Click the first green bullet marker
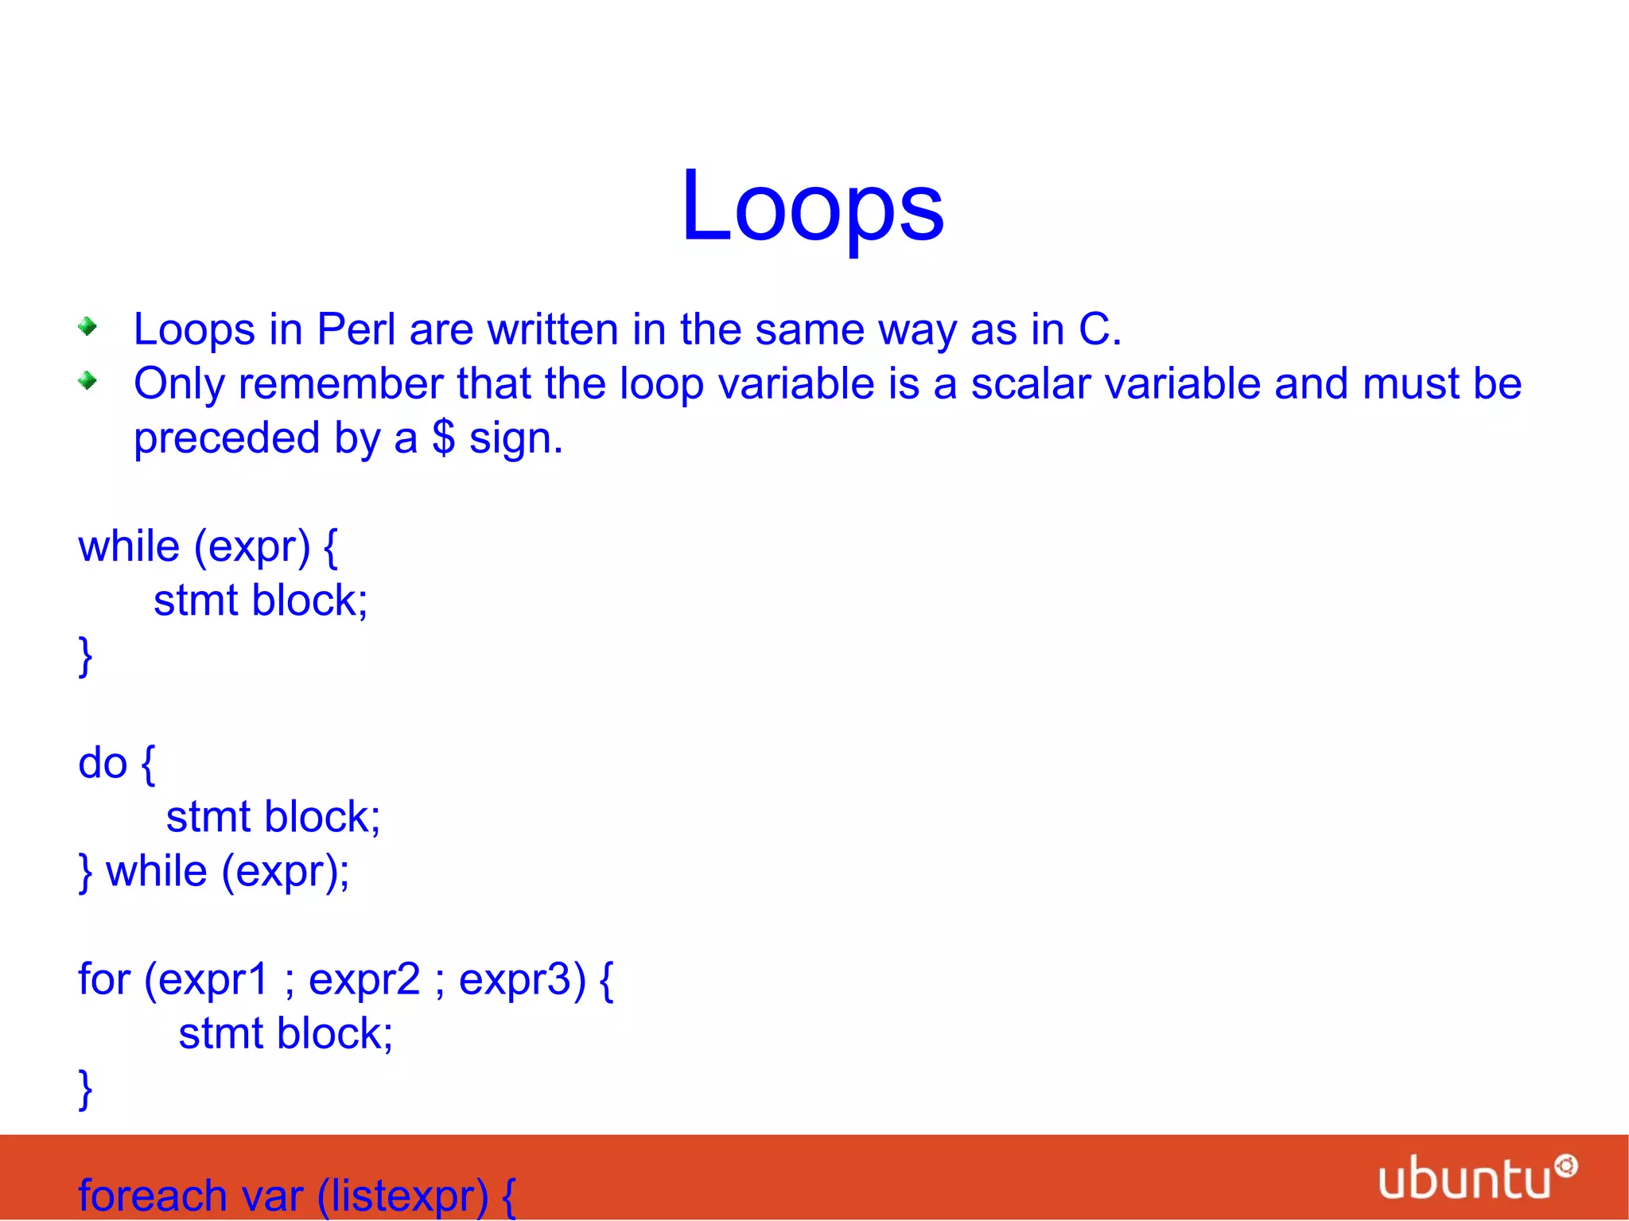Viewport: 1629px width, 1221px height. pyautogui.click(x=87, y=326)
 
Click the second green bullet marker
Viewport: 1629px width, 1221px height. pyautogui.click(x=87, y=381)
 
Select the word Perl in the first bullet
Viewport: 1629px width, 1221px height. pyautogui.click(x=356, y=329)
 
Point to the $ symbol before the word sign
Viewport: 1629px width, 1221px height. pyautogui.click(x=443, y=437)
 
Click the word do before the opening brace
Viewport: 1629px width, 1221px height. pyautogui.click(x=103, y=764)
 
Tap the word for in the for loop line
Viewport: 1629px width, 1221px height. pyautogui.click(x=103, y=978)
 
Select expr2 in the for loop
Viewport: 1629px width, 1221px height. pyautogui.click(x=364, y=980)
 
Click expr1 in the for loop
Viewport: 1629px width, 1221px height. pyautogui.click(x=213, y=980)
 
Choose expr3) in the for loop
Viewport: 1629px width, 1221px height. pyautogui.click(x=522, y=980)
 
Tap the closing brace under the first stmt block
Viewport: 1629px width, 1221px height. pyautogui.click(x=85, y=655)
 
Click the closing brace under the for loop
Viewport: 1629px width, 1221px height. pyautogui.click(x=85, y=1089)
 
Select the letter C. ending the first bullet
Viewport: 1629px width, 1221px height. pyautogui.click(x=1099, y=329)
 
